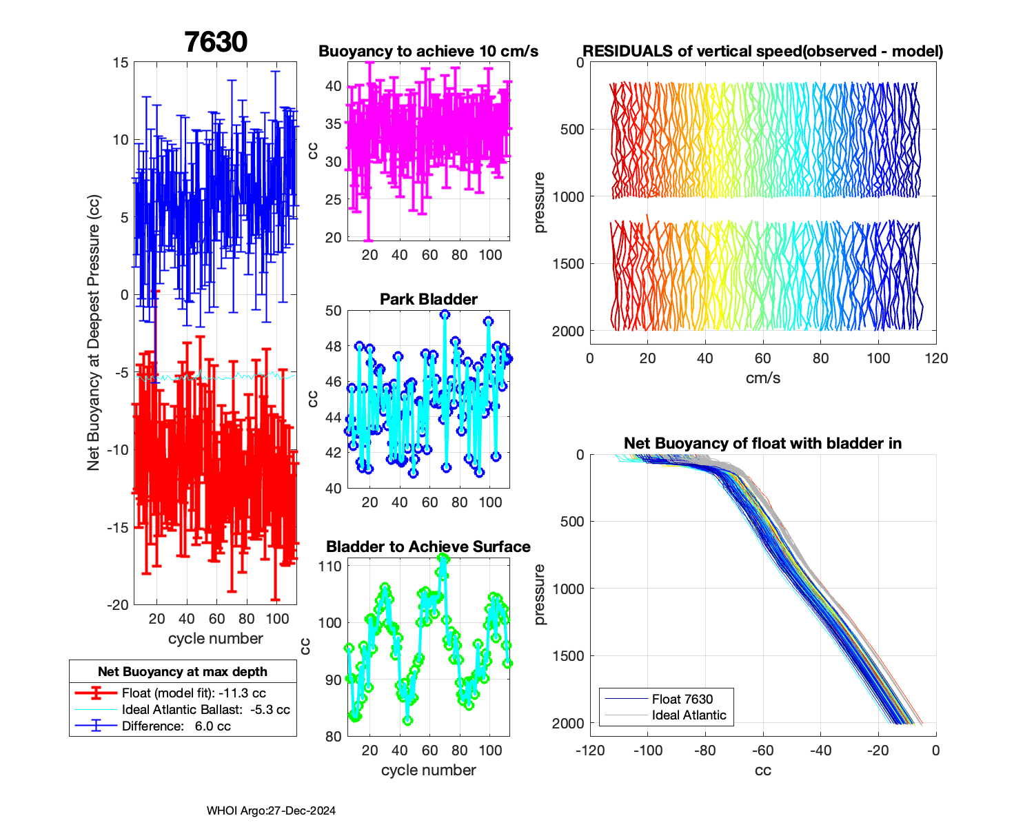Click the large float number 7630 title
216,42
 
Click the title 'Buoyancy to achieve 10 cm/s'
428,52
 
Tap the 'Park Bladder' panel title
428,299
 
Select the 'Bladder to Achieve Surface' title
428,547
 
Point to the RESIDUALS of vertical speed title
762,52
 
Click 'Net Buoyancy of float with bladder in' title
762,443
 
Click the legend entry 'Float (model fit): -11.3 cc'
194,693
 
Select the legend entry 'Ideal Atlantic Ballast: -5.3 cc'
205,710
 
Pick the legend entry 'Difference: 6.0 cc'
176,726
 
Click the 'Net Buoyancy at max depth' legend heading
183,672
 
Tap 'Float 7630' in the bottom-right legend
682,699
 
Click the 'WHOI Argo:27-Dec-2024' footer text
271,811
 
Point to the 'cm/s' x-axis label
762,378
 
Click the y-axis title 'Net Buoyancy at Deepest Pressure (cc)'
94,334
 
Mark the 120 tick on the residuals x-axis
936,358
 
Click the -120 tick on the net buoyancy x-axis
590,751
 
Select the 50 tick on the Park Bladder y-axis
333,311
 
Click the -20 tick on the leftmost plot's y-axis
118,604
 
